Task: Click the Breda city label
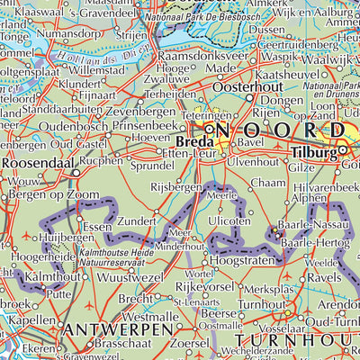(x=186, y=143)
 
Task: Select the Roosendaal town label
(x=37, y=162)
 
